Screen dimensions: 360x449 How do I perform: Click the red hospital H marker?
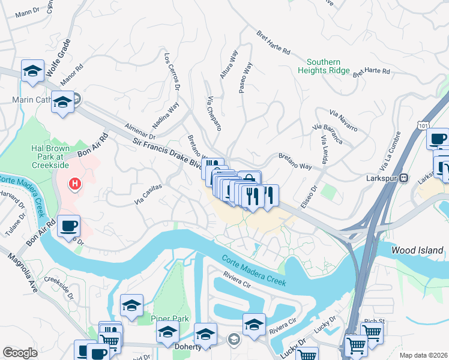point(74,183)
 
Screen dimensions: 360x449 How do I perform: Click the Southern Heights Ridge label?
point(324,66)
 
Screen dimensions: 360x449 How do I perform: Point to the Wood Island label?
point(417,250)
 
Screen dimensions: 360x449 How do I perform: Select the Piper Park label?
point(170,319)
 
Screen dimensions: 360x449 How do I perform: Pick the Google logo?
point(20,353)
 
